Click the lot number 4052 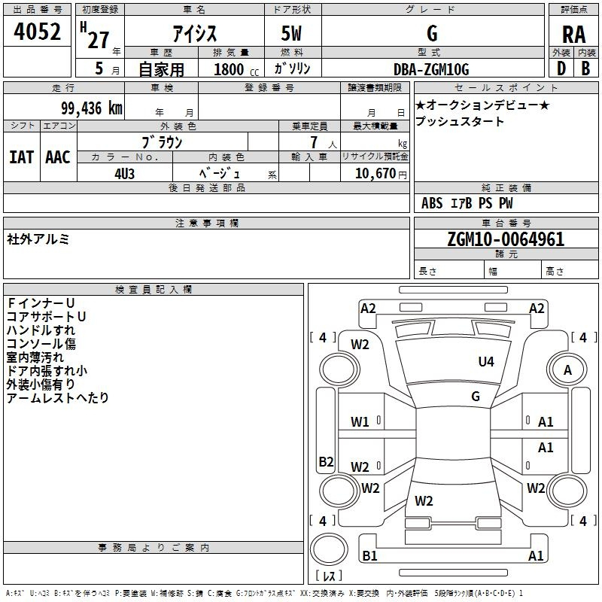coord(37,31)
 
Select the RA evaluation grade coord(573,35)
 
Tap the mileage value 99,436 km coord(92,108)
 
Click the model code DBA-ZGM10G coord(431,69)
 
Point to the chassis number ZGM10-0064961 coord(506,239)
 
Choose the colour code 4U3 coord(124,174)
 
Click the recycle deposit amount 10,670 coord(375,173)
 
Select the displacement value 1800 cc coord(236,69)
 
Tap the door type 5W coord(291,33)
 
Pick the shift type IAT coord(22,157)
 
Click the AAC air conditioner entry coord(58,157)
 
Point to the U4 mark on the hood coord(486,361)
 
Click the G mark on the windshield coord(476,396)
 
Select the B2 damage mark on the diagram coord(326,461)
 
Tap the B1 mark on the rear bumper coord(369,555)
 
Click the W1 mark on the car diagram coord(360,422)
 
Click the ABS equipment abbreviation coord(432,203)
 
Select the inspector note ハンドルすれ coord(41,330)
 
